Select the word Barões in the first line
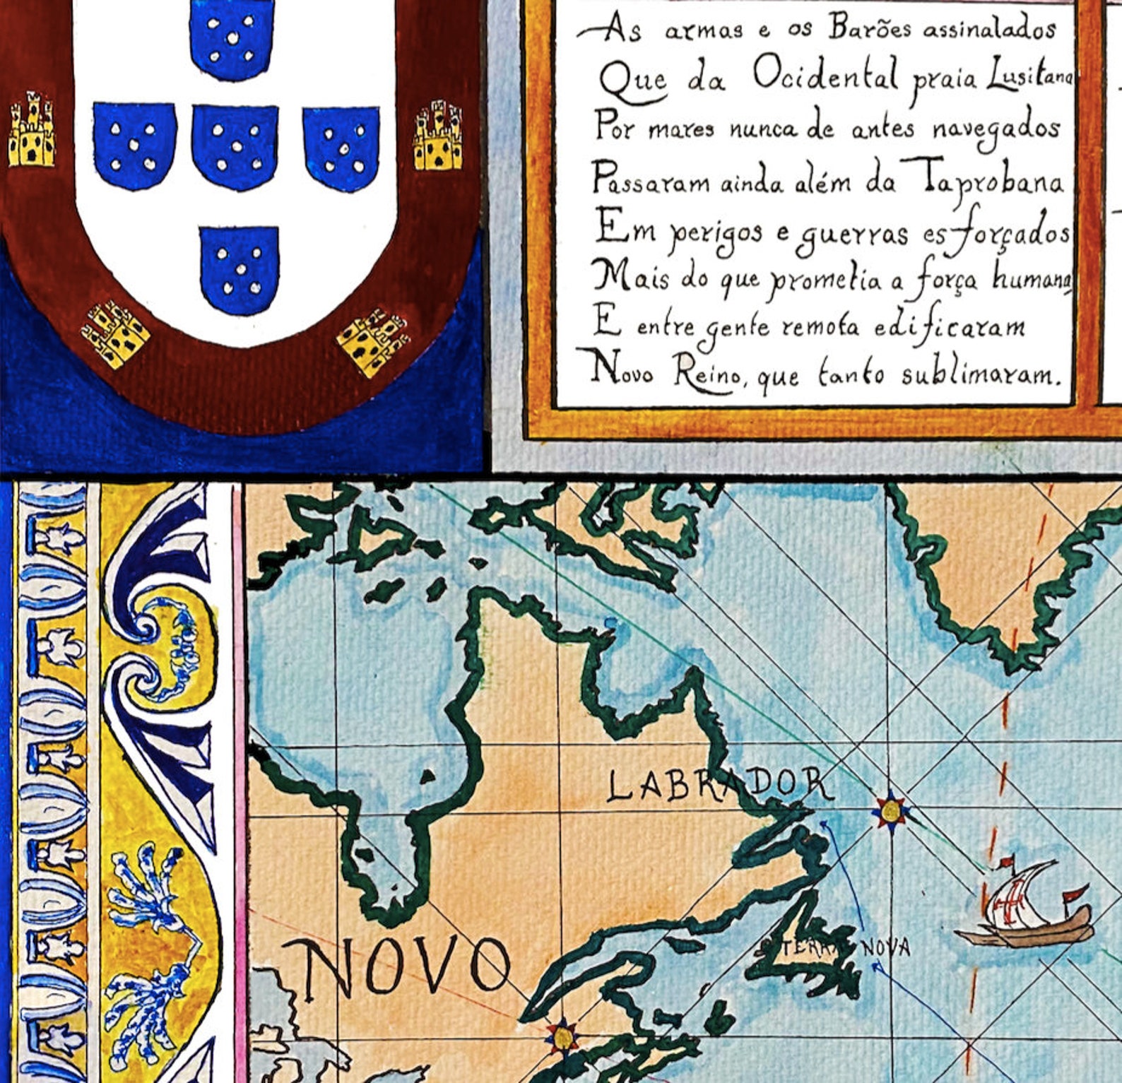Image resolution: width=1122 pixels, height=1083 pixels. pos(872,29)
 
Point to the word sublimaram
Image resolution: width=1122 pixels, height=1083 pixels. pos(981,374)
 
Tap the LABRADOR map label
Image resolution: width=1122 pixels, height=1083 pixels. pos(717,786)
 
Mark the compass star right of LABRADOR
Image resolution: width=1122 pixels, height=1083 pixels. pos(890,810)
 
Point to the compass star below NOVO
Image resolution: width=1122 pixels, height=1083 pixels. pos(562,1036)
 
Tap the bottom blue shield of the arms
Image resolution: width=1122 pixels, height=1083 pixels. pos(240,269)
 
